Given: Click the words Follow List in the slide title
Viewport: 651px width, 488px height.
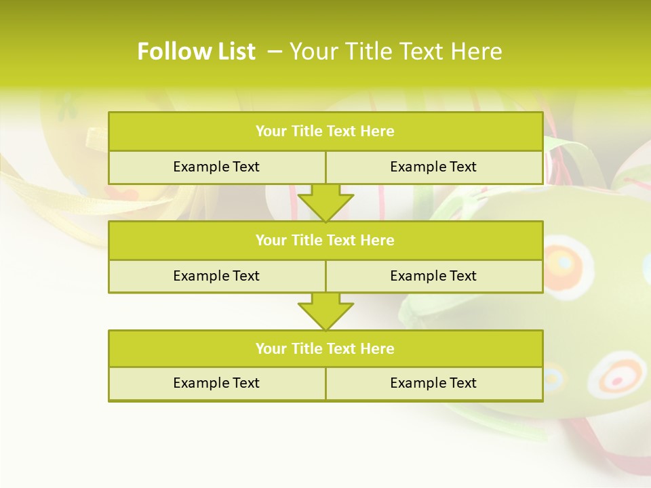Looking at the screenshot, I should tap(196, 52).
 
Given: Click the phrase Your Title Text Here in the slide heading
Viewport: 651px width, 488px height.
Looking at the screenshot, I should tap(396, 52).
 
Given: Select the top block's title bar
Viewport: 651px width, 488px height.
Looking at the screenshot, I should tap(325, 131).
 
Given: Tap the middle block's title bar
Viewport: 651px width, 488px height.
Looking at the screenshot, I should tap(325, 240).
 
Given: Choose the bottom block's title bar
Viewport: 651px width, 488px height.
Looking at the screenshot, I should tap(325, 348).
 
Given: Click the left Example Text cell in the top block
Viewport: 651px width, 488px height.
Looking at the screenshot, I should tap(216, 167).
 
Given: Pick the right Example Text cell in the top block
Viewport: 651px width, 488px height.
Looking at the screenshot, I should tap(433, 167).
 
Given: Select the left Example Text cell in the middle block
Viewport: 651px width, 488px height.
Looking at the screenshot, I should tap(216, 276).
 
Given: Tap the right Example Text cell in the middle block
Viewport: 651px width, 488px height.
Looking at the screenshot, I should tap(433, 276).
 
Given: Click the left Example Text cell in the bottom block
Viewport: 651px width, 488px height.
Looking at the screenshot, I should tap(216, 383).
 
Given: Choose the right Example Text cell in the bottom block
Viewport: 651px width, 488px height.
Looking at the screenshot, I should tap(433, 383).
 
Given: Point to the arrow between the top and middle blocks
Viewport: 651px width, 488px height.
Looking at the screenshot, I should tap(325, 202).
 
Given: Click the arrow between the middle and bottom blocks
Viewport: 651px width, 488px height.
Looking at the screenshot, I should tap(325, 310).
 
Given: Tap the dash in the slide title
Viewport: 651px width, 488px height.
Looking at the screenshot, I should tap(275, 52).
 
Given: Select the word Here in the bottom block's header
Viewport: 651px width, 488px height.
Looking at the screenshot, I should tap(378, 348).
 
